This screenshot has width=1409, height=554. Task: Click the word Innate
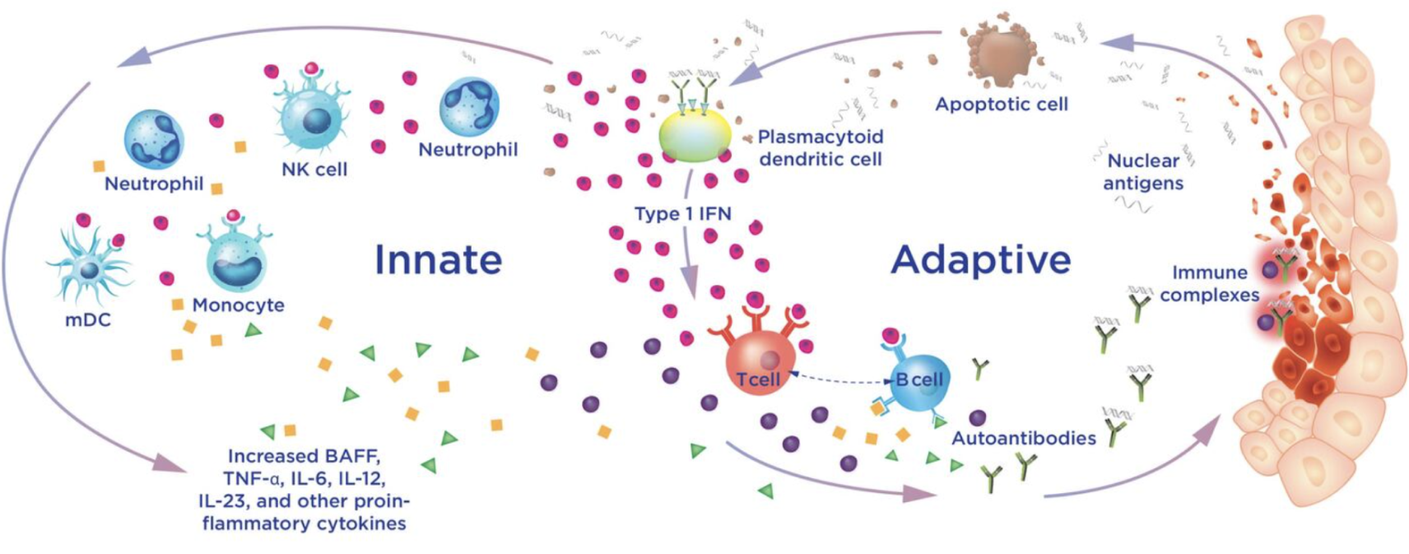[x=438, y=259]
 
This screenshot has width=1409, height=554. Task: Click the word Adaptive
[x=980, y=259]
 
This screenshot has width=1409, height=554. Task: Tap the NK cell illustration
[x=311, y=115]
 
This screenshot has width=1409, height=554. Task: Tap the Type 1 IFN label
[x=682, y=214]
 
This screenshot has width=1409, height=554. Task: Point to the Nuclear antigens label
[x=1143, y=172]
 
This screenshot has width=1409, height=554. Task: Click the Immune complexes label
[x=1209, y=283]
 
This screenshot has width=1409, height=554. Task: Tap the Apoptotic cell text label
[x=1002, y=105]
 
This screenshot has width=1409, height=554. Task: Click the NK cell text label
[x=314, y=170]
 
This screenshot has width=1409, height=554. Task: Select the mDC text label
[x=87, y=319]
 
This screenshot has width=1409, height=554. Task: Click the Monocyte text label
[x=238, y=305]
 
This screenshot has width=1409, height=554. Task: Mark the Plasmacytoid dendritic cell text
[x=820, y=147]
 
